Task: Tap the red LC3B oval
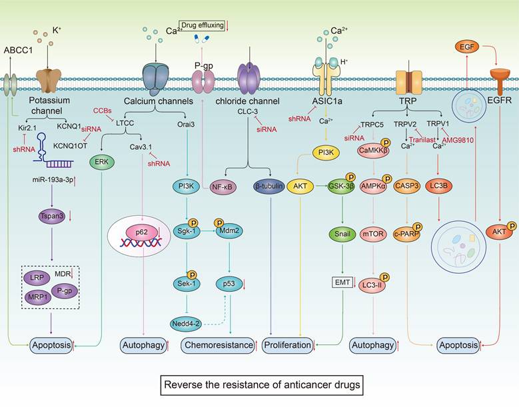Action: [442, 188]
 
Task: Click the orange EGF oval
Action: [466, 46]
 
